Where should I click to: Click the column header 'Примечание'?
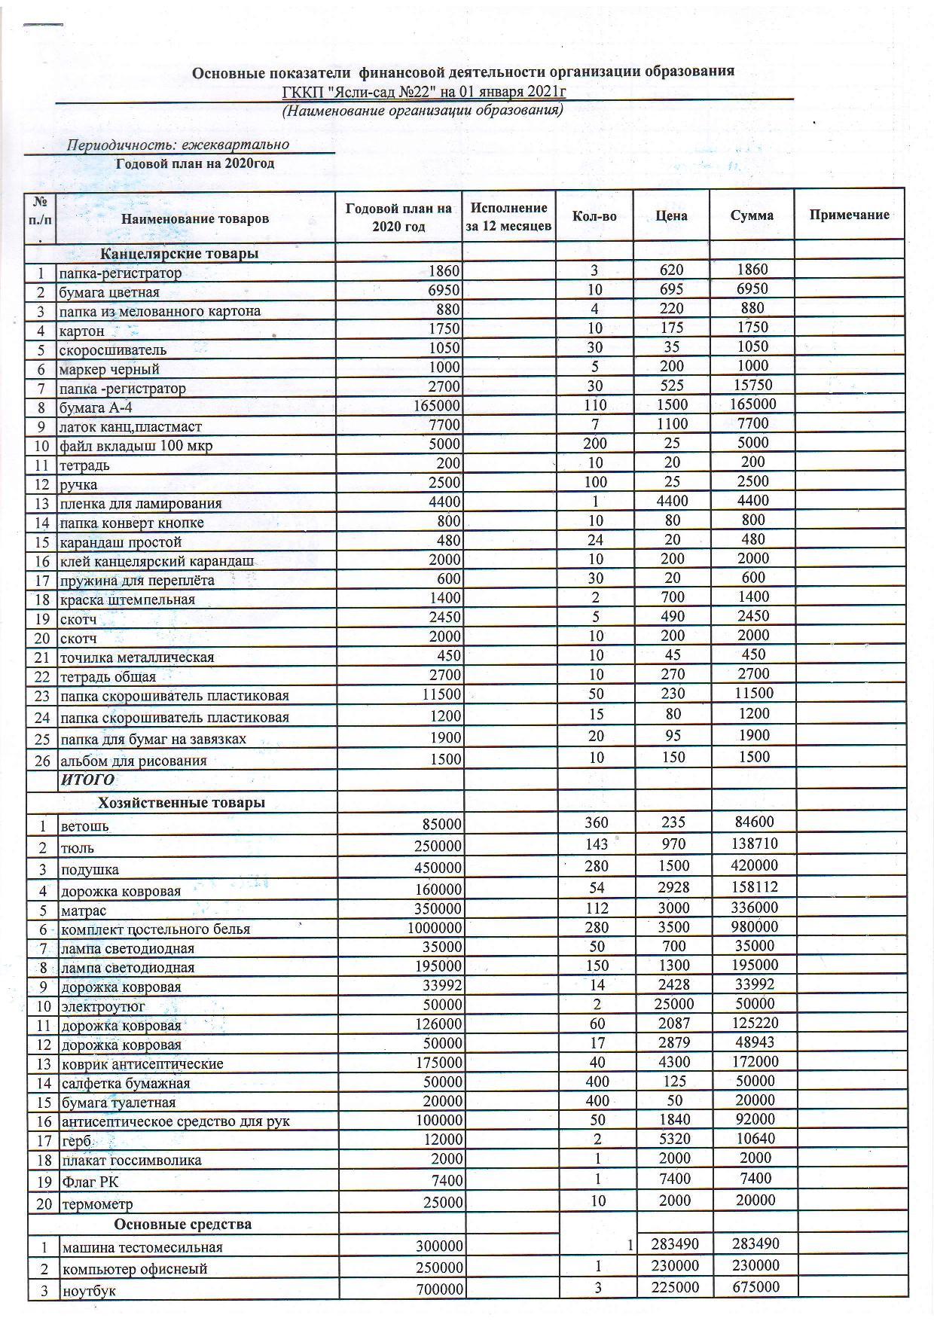849,215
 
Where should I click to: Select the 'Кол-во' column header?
594,216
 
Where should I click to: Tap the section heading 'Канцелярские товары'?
179,254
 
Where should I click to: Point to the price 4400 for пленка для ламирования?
670,501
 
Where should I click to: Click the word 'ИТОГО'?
87,779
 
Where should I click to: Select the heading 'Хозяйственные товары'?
181,803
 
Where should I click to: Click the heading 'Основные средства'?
181,1224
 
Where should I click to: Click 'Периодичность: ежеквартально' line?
178,145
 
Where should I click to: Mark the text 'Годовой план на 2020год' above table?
194,163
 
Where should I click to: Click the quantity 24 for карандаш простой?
594,539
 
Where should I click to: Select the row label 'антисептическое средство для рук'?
175,1121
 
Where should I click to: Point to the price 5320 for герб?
673,1139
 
